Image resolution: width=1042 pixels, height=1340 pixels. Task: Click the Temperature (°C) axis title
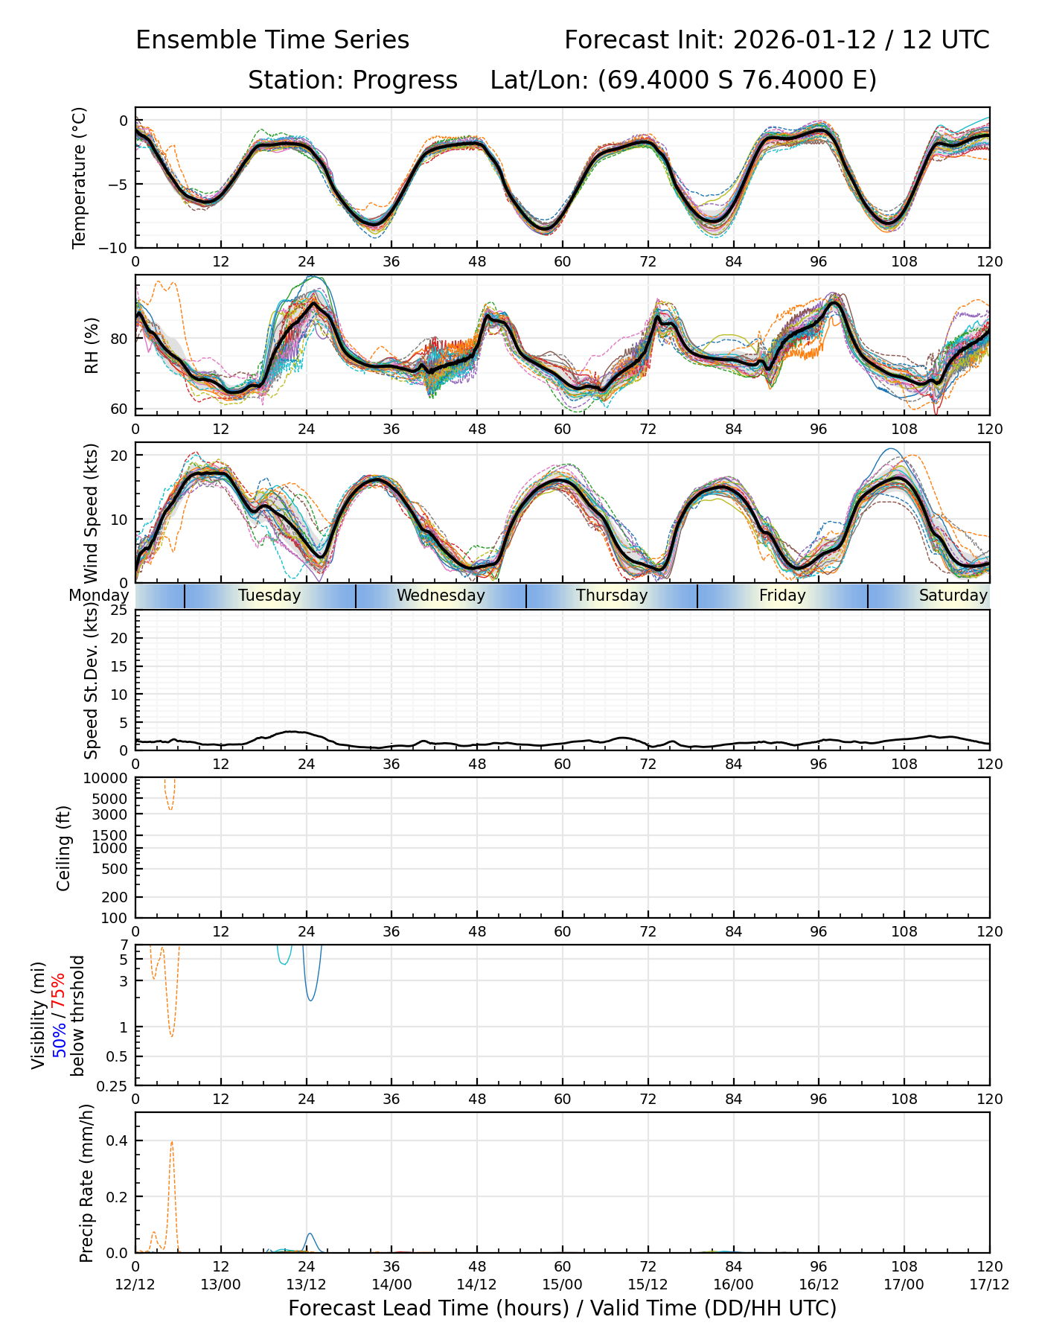[x=80, y=177]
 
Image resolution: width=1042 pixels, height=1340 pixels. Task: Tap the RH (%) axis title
[x=92, y=345]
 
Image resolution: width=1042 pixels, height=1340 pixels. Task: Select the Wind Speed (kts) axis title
[x=92, y=513]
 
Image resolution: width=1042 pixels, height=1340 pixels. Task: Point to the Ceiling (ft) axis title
[x=65, y=848]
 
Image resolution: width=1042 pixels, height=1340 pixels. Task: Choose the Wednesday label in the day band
[x=441, y=596]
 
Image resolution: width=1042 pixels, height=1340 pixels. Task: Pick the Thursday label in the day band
[x=612, y=596]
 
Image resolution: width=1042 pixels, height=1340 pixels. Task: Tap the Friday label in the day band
[x=782, y=596]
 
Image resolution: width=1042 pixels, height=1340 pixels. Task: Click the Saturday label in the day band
[x=953, y=596]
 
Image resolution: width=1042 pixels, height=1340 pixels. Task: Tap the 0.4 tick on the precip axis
[x=119, y=1140]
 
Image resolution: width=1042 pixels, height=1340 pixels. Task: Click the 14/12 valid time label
[x=477, y=1284]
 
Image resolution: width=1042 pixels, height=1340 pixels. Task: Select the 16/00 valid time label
[x=733, y=1284]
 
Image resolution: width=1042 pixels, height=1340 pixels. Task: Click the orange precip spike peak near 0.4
[x=172, y=1141]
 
